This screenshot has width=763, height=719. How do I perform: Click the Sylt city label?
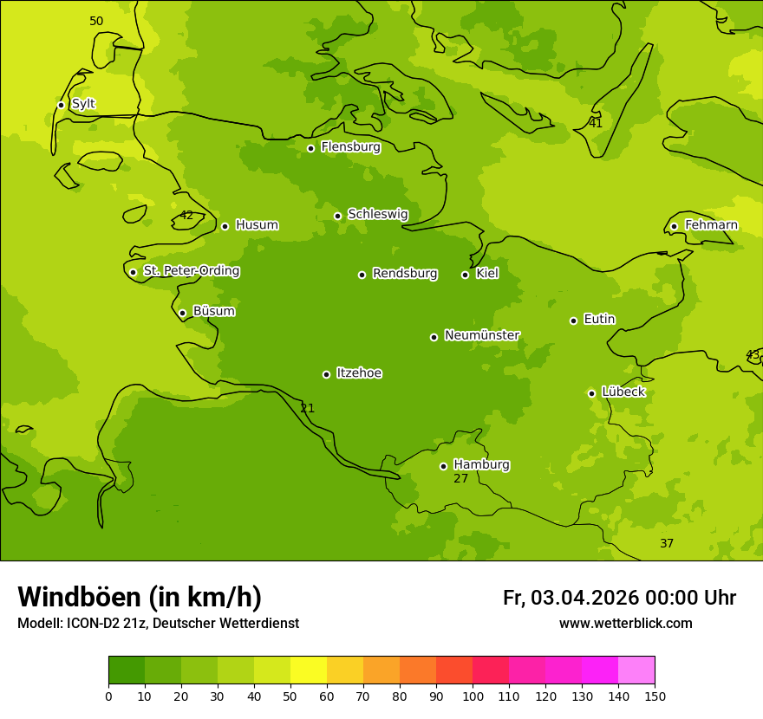click(83, 104)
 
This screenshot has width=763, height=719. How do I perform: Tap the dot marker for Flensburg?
click(310, 148)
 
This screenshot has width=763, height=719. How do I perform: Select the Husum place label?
click(257, 225)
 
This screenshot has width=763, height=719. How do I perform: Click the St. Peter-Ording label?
click(191, 271)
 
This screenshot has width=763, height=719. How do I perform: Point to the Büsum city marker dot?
click(182, 313)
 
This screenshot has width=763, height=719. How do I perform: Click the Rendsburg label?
click(405, 274)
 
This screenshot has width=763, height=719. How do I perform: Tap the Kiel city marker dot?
click(465, 275)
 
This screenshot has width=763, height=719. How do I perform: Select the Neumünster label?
click(482, 335)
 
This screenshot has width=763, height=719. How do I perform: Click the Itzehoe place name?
click(359, 373)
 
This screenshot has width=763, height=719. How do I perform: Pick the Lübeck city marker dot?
click(591, 393)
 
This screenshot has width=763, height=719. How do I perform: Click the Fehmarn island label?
click(711, 225)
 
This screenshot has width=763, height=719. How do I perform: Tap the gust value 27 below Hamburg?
click(460, 478)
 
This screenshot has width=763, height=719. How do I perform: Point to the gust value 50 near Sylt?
click(96, 21)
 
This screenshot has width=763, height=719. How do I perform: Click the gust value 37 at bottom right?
click(667, 543)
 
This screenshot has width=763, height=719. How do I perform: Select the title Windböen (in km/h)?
click(140, 597)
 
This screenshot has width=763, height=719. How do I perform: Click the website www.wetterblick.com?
click(625, 624)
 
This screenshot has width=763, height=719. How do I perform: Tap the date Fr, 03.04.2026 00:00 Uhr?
click(619, 598)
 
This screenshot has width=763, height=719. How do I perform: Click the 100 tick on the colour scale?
click(473, 696)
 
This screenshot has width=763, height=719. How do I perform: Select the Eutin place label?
click(599, 320)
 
